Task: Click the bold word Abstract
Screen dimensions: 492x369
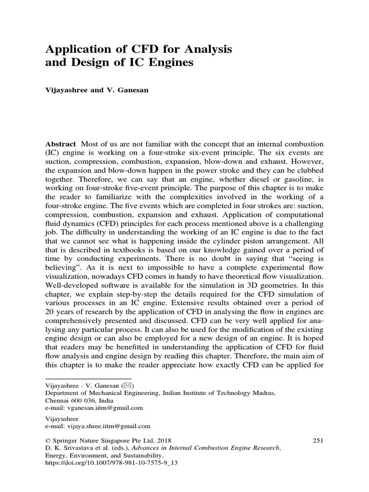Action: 61,144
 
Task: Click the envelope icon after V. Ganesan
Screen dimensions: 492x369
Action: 129,385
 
